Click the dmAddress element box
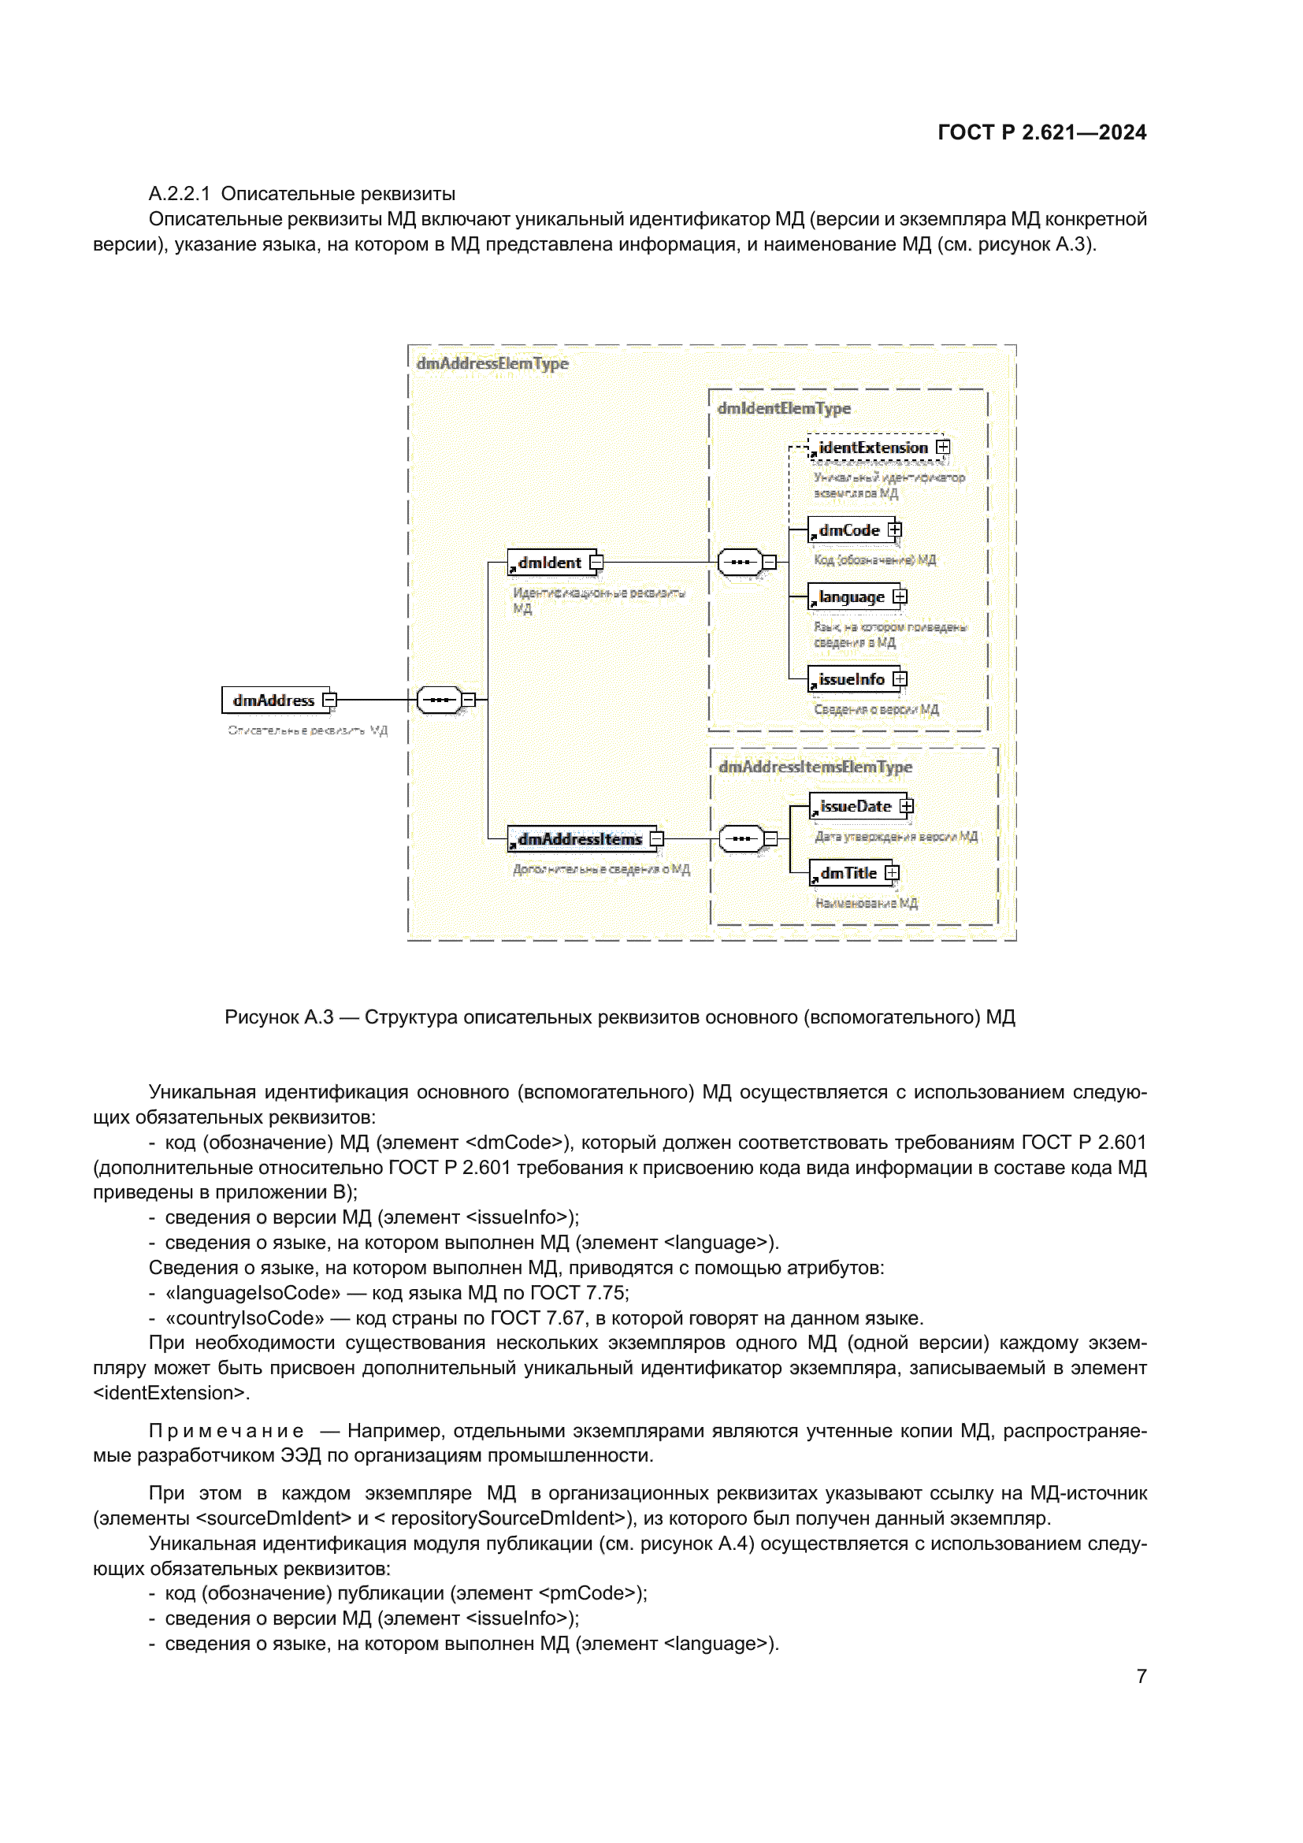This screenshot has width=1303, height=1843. coord(273,700)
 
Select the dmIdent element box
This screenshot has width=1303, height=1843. coord(550,563)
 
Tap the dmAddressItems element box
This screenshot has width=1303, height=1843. coord(579,839)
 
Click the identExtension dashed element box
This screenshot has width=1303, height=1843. coord(872,448)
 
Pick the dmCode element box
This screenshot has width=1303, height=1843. coord(849,530)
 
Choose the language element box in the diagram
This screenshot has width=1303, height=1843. coord(852,597)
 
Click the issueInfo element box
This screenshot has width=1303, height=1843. coord(852,680)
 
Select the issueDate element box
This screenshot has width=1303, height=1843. coord(856,807)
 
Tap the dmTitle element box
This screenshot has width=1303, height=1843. coord(848,873)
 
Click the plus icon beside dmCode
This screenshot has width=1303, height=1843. coord(895,529)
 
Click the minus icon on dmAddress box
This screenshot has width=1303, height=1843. coord(329,700)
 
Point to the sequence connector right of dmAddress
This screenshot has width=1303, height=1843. coord(440,700)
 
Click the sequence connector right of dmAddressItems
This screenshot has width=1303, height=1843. coord(741,839)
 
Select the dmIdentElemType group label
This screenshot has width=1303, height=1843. coord(784,409)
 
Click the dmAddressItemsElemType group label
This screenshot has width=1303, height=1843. coord(815,767)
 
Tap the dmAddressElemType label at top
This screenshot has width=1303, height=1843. coord(492,363)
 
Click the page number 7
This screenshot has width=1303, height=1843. coord(1141,1677)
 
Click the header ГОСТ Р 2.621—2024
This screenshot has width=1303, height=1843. coord(1041,132)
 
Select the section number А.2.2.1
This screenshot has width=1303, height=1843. coord(179,195)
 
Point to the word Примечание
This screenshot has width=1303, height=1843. coord(226,1431)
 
